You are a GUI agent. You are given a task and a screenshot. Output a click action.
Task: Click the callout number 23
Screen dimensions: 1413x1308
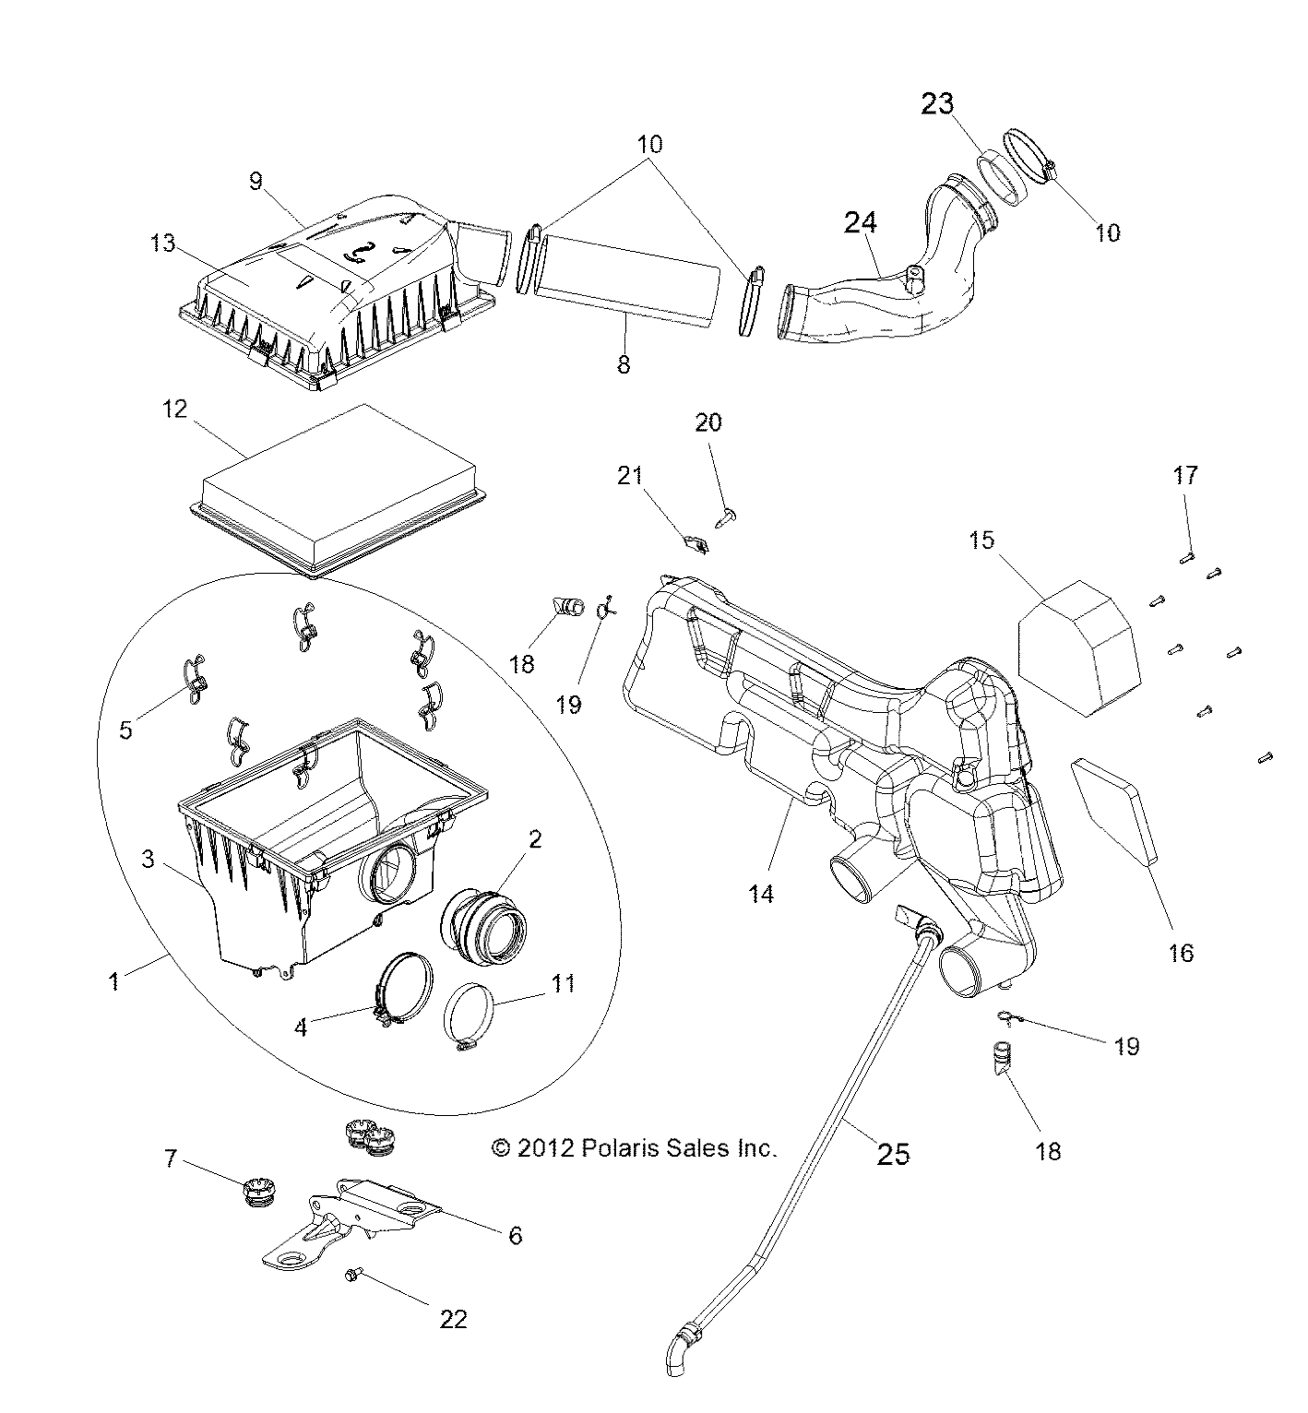coord(937,104)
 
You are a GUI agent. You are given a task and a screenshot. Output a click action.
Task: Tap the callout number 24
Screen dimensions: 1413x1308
coord(860,222)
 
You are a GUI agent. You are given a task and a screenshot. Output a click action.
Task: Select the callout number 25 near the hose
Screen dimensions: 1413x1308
coord(893,1153)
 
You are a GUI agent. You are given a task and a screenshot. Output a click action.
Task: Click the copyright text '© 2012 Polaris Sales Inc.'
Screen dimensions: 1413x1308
coord(636,1148)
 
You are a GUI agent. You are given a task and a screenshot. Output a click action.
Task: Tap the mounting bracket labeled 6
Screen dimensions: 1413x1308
coord(360,1217)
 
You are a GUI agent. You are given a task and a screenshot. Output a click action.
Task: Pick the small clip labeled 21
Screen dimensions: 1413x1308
coord(699,545)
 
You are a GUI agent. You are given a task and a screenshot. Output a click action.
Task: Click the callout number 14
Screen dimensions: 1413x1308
coord(761,893)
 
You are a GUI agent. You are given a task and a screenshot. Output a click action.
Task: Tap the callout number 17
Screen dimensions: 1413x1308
coord(1185,476)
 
